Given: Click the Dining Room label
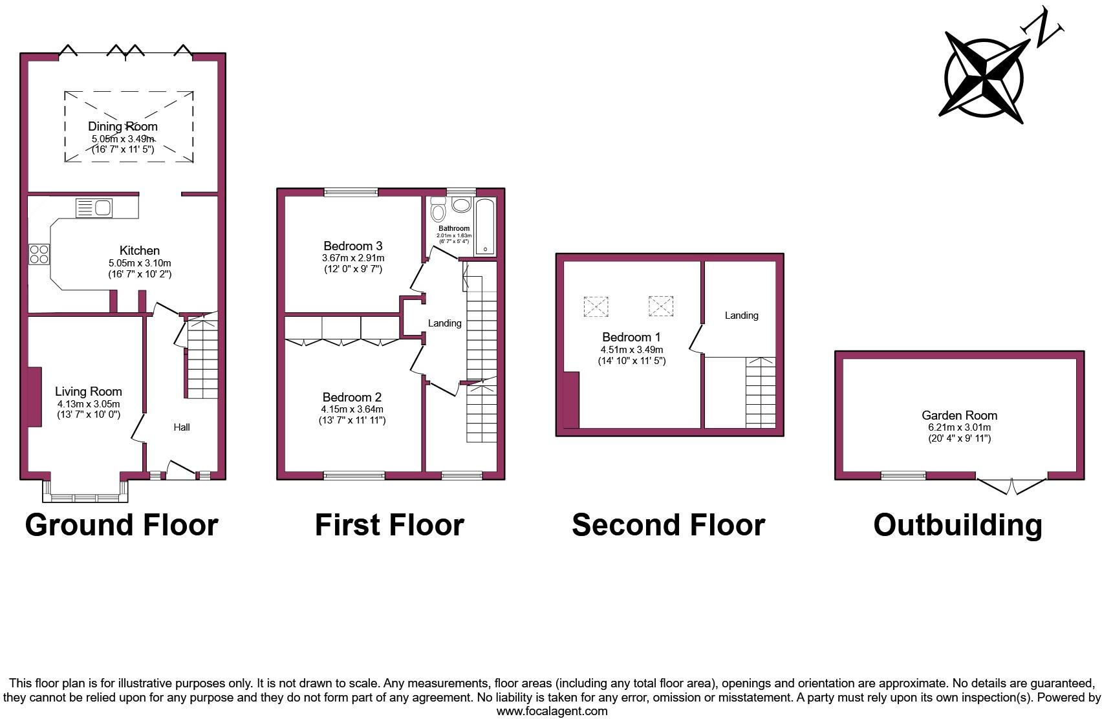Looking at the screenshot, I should (x=123, y=126).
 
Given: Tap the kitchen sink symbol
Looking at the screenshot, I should (x=94, y=208).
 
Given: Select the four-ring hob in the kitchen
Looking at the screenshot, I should (x=39, y=253).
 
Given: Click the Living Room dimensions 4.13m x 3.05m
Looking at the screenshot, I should (x=89, y=403).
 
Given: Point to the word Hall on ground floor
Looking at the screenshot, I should (x=182, y=427).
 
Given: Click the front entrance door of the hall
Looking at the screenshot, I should (x=180, y=471).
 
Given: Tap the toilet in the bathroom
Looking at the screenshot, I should (x=438, y=209).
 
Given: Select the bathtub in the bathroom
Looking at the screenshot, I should (x=485, y=227).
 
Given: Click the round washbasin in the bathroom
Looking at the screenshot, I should (x=462, y=205).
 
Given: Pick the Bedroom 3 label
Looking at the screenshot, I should (x=353, y=246).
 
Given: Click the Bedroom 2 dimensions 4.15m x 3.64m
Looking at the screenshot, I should (x=352, y=409).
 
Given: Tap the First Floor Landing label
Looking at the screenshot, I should (x=445, y=323).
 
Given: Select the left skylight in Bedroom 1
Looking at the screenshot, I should (x=596, y=306).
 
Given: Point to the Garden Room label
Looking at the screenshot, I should (x=959, y=415).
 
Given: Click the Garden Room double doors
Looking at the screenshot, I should (x=1011, y=487).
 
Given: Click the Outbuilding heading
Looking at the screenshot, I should (x=958, y=525).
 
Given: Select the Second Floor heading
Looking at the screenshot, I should (x=668, y=525).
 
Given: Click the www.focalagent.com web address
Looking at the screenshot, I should (x=552, y=711).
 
